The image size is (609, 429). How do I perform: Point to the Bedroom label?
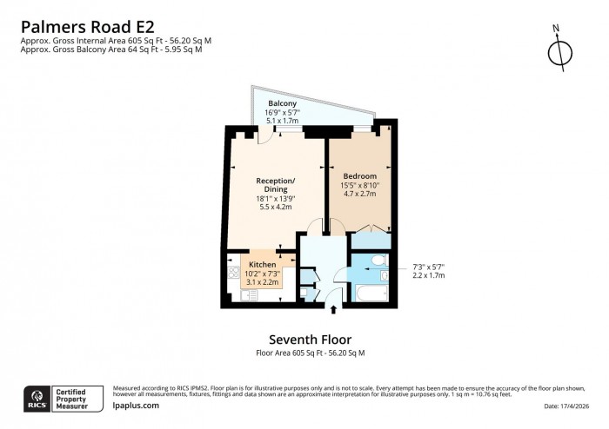pos(359,176)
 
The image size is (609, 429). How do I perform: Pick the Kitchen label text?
pos(262,264)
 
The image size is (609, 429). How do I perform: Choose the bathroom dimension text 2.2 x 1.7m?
pos(428,275)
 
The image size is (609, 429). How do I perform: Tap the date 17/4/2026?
pos(571,406)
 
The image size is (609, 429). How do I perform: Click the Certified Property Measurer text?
pos(77,398)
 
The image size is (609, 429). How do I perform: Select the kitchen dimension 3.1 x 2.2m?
pos(262,283)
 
